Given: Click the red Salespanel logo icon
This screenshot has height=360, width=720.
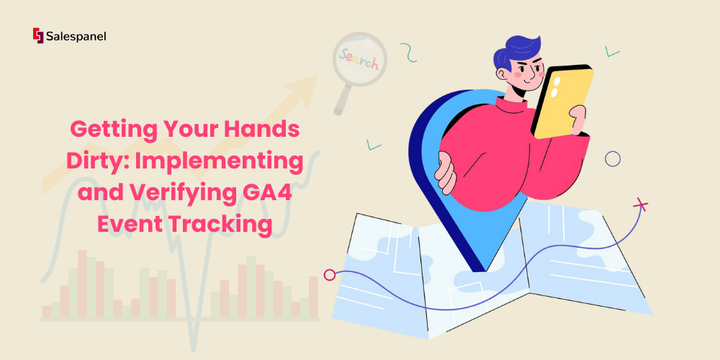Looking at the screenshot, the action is (x=38, y=35).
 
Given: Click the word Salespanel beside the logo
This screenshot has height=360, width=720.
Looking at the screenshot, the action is (x=76, y=36).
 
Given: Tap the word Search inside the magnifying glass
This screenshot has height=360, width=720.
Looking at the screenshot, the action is (x=358, y=59).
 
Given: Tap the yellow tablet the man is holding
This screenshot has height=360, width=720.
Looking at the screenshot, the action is (x=562, y=101).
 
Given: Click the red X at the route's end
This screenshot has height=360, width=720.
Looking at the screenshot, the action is (x=640, y=204).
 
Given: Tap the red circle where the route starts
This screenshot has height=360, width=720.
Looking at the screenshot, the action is (x=329, y=275).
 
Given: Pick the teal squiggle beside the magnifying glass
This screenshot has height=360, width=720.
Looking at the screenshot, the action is (x=408, y=53).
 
